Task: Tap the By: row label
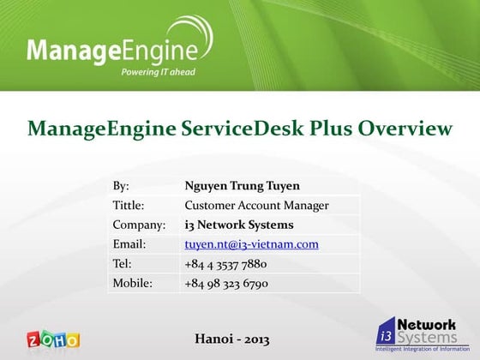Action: tap(121, 185)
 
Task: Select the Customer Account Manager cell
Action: tap(257, 205)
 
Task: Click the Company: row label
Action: tap(138, 225)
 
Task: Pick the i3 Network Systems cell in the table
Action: tap(239, 225)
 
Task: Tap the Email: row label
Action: tap(129, 244)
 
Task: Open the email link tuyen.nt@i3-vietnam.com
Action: tap(252, 244)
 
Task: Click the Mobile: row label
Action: tap(133, 283)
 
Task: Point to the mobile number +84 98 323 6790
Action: tap(226, 283)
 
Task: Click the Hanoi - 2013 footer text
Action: tap(233, 339)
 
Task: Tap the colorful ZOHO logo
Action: tap(53, 339)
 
